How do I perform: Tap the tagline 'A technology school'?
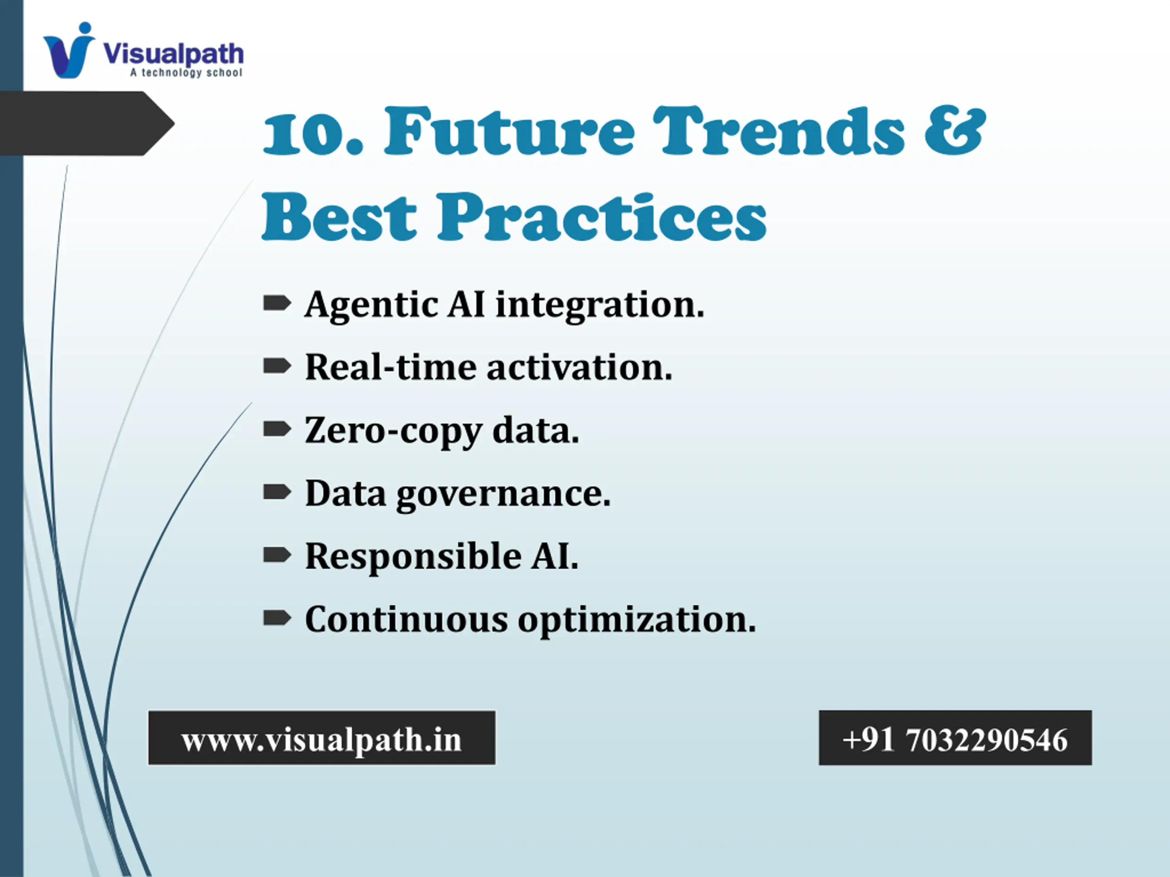coord(186,73)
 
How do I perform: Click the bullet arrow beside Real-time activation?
coord(277,366)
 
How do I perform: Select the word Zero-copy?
coord(393,431)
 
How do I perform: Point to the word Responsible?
coord(413,557)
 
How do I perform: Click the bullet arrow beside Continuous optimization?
coord(277,617)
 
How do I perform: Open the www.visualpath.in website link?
coord(322,739)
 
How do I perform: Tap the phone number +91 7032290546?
coord(955,739)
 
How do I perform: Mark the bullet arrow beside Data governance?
coord(277,491)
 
